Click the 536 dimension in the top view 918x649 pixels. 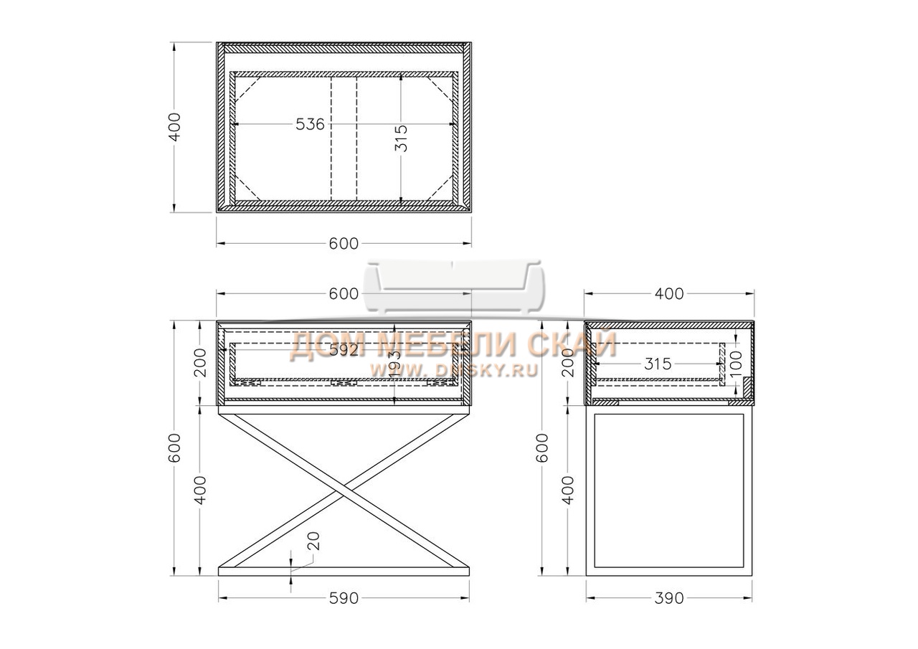(310, 124)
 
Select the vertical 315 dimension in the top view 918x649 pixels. (401, 138)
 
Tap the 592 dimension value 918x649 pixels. (344, 349)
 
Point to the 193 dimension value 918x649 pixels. (394, 364)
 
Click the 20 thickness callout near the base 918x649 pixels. (313, 541)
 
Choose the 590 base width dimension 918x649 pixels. (344, 599)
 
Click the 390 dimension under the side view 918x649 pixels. (669, 599)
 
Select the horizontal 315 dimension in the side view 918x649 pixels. (658, 364)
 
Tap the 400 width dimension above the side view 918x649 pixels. (669, 294)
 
